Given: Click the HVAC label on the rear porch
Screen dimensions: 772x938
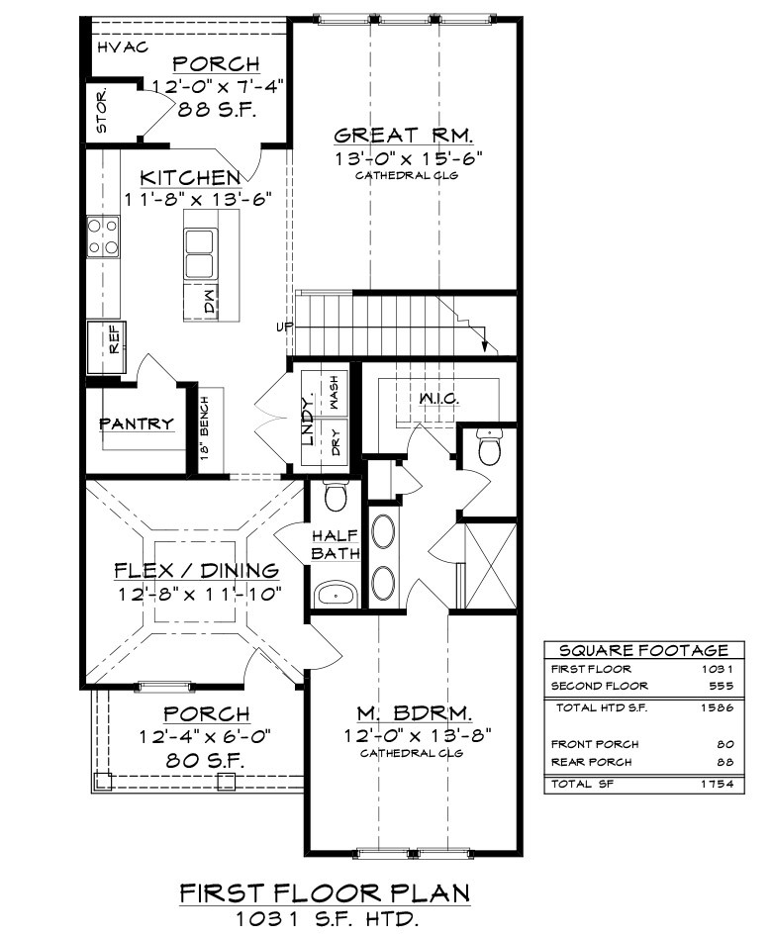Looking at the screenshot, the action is click(123, 47).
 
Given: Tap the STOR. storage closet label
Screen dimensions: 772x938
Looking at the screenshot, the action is click(102, 111).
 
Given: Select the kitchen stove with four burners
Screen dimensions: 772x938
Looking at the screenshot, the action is click(103, 236).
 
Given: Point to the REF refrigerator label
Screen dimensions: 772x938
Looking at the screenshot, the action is click(114, 338).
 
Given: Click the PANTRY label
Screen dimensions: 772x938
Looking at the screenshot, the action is click(137, 423).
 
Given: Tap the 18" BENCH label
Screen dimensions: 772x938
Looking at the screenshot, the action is click(205, 427).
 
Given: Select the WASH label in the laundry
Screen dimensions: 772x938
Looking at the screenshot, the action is click(334, 392).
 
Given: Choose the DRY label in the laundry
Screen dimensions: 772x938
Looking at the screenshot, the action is click(336, 442).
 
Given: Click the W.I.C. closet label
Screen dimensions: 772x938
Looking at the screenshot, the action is click(439, 398).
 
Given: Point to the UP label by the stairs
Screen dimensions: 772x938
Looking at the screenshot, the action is click(284, 328).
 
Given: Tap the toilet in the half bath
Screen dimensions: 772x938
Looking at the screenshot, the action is click(336, 496).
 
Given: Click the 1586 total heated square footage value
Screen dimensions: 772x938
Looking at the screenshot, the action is click(717, 707).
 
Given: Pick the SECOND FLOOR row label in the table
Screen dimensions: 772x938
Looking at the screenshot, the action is click(600, 686).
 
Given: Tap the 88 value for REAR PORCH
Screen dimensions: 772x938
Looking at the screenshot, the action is click(724, 762).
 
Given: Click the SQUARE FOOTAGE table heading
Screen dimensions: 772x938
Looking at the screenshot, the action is click(644, 650).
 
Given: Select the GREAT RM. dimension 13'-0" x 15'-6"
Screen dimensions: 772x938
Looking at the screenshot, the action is click(408, 158).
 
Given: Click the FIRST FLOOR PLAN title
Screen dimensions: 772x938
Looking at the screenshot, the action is click(325, 893).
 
